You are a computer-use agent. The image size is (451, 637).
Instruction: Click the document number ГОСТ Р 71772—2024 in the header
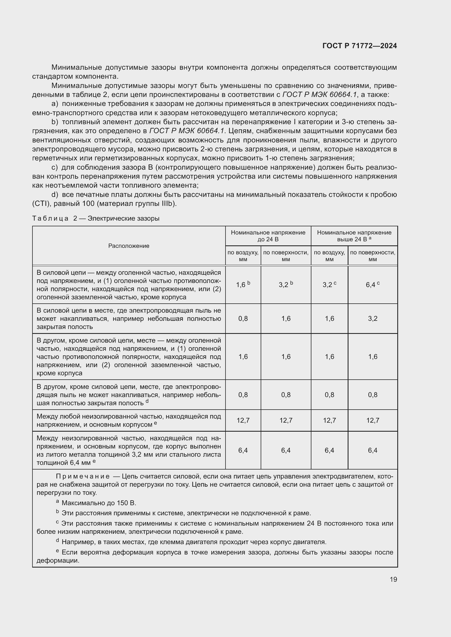coord(360,46)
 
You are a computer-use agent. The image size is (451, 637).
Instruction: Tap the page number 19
coord(393,579)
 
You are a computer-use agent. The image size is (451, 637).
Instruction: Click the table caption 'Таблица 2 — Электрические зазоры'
coord(96,218)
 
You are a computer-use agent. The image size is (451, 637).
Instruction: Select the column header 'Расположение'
coord(129,246)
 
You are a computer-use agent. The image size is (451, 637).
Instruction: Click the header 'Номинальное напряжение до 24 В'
coord(268,236)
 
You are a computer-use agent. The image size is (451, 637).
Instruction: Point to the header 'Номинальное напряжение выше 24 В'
coord(354,236)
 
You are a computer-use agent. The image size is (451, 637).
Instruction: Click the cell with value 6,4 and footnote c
coord(372,285)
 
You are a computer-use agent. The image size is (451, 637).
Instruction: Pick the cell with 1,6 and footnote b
coord(243,285)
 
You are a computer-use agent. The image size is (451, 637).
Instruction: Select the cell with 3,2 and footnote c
coord(329,285)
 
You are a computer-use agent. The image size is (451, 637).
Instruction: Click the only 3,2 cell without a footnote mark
coord(372,319)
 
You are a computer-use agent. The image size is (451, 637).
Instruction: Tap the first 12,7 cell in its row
coord(243,420)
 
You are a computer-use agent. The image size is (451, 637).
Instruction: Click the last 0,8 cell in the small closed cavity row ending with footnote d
coord(372,395)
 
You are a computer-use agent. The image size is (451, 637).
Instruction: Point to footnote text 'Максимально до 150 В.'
coord(99,503)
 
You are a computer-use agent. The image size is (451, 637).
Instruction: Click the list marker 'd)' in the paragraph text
coord(55,195)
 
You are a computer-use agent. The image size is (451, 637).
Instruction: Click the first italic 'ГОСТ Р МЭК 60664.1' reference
coord(319,95)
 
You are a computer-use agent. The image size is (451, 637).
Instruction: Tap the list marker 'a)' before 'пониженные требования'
coord(55,104)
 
